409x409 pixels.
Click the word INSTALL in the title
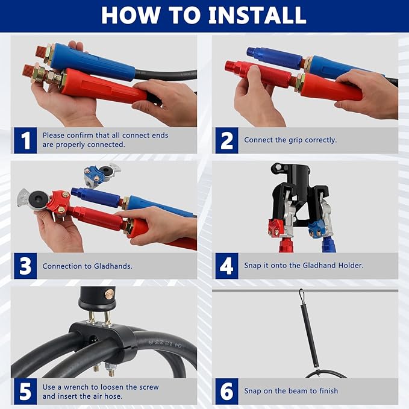coord(257,15)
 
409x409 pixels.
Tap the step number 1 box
coord(25,140)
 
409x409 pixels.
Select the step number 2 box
coord(226,140)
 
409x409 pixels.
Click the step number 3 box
coord(25,266)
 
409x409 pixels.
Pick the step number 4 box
coord(226,266)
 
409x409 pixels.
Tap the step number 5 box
coord(25,392)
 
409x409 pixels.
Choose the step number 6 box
coord(226,392)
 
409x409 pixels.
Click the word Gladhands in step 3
coord(113,266)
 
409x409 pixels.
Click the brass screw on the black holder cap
coord(110,294)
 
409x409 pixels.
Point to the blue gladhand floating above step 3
coord(102,175)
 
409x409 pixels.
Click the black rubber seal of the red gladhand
coord(39,199)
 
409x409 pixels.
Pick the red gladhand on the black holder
coord(276,228)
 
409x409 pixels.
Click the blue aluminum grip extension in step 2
coord(275,58)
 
